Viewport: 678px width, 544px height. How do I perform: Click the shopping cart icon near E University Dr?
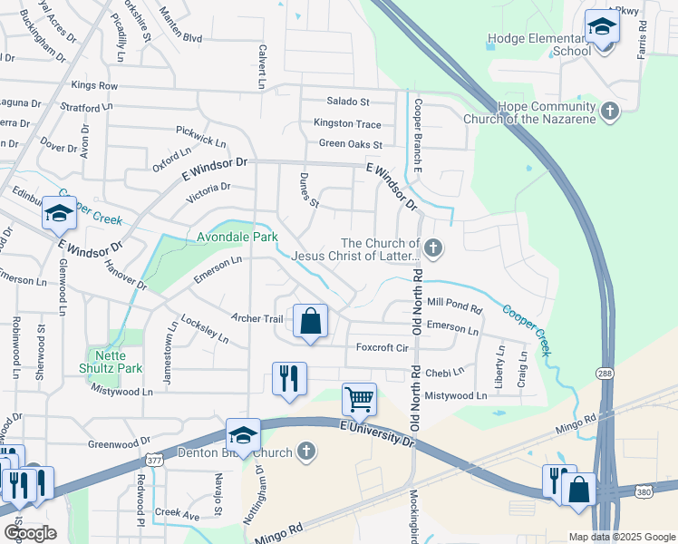click(x=360, y=398)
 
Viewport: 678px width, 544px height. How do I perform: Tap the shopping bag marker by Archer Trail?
click(x=310, y=321)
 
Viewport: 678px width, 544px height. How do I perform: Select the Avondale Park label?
click(x=237, y=238)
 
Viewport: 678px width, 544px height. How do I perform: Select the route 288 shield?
click(x=605, y=374)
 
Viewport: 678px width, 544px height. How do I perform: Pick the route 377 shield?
click(x=155, y=461)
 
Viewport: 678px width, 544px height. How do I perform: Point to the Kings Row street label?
click(x=94, y=85)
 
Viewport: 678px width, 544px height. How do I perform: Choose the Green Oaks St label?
click(x=351, y=144)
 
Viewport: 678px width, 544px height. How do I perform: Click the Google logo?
click(x=30, y=532)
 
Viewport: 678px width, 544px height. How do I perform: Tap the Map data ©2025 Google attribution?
click(x=622, y=537)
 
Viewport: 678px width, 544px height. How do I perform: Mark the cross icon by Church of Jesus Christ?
click(x=434, y=248)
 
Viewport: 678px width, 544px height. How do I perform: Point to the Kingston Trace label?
click(x=347, y=123)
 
